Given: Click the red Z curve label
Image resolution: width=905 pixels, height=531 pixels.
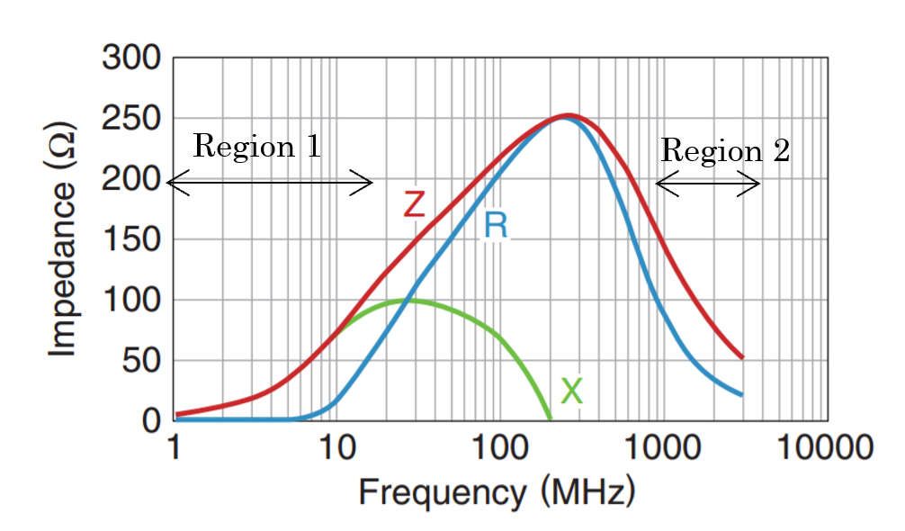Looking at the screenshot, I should (413, 204).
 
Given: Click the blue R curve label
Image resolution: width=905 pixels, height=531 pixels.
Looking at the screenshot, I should (495, 225).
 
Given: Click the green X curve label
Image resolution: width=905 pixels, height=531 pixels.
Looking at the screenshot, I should (571, 391).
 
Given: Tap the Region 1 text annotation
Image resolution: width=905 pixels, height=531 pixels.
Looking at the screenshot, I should (256, 146).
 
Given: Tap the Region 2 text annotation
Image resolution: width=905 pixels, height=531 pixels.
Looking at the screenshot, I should (725, 150).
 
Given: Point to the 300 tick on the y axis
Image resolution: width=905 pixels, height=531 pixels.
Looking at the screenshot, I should (131, 58).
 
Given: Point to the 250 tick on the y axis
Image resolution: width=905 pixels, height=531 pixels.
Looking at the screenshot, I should (131, 119).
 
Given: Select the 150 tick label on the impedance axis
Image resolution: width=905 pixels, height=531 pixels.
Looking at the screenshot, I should (131, 239).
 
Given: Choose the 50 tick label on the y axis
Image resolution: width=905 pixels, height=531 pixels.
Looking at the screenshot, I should (140, 361).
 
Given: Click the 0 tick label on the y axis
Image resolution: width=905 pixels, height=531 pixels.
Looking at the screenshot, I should (151, 420).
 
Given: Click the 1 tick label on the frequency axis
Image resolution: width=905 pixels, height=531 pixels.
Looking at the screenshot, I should (174, 447).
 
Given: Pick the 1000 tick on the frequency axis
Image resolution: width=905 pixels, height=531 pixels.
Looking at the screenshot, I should (663, 447).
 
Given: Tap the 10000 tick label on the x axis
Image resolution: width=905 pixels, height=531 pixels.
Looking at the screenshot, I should (826, 447).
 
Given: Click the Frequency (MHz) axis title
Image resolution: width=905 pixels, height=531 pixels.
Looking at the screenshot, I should (497, 492).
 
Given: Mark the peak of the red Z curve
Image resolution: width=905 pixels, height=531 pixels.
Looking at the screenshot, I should (567, 115).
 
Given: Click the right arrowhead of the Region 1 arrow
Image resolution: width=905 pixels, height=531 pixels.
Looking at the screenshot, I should (370, 184).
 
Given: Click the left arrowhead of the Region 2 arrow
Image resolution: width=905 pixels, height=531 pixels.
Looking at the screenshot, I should (659, 184).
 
